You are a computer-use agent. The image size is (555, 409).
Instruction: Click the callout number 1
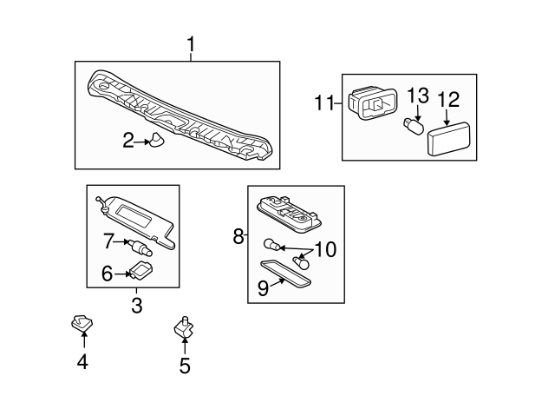tap(191, 44)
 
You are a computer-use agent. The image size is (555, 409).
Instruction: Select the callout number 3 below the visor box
tap(137, 305)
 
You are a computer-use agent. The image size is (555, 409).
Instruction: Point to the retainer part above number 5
tap(184, 327)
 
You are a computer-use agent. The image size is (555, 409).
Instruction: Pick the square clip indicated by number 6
tap(140, 270)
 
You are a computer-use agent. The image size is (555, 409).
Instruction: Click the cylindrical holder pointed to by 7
tap(140, 247)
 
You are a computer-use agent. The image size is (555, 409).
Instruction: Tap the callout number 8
tap(238, 236)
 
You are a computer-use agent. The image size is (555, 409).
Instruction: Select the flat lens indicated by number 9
tap(285, 274)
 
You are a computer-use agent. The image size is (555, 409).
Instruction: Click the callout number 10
tap(325, 249)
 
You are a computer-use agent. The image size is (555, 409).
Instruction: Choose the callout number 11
tap(324, 102)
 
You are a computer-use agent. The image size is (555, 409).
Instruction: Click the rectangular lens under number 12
tap(449, 138)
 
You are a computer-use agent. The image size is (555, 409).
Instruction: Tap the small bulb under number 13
tap(414, 127)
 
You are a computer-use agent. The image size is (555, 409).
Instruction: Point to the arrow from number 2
tap(142, 142)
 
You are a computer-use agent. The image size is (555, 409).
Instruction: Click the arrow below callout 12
tap(447, 118)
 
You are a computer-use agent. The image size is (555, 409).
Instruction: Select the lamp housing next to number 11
tap(373, 103)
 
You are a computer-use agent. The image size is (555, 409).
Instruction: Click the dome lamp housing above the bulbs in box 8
tap(290, 214)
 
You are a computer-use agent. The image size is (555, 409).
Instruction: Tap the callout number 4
tap(82, 362)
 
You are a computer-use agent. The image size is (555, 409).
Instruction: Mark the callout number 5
tap(185, 366)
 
